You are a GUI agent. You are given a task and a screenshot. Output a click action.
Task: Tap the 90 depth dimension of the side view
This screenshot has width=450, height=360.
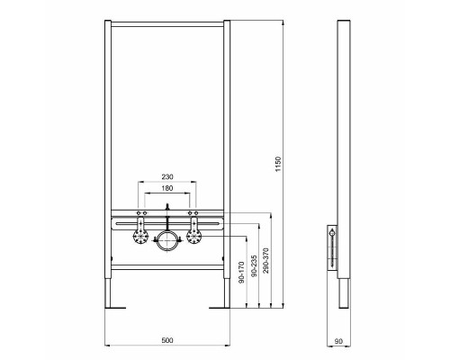point(338,340)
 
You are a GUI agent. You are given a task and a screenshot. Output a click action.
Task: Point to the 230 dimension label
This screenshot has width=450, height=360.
point(166,177)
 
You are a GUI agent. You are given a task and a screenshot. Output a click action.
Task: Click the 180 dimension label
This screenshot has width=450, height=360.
point(166,190)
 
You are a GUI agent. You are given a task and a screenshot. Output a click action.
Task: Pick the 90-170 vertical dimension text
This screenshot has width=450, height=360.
point(240,274)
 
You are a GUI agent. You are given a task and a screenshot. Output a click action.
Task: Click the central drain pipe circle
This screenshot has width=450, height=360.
point(166,240)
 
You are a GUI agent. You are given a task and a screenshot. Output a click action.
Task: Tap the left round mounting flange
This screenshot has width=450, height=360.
point(140,238)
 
